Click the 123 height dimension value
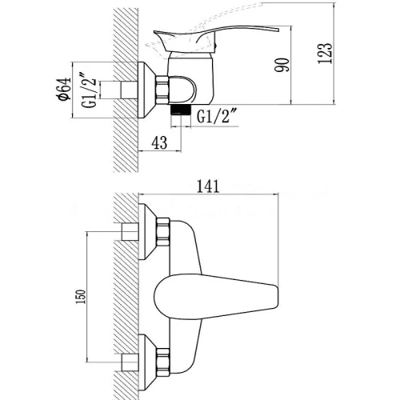click(326, 53)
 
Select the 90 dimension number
click(282, 65)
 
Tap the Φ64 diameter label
click(64, 89)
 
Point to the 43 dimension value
click(159, 142)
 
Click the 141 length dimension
click(208, 186)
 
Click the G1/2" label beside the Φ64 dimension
click(90, 89)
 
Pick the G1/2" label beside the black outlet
click(218, 116)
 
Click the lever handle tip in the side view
click(278, 29)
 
